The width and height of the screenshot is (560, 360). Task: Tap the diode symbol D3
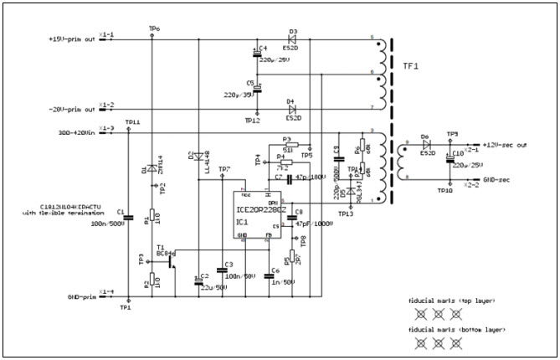tap(293, 38)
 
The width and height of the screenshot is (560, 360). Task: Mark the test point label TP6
tap(154, 29)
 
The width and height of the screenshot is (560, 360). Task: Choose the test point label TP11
tap(132, 122)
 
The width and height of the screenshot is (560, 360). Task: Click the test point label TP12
tap(252, 121)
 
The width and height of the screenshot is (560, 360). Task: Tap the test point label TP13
tap(346, 214)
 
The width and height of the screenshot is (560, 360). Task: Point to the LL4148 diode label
tap(206, 164)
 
